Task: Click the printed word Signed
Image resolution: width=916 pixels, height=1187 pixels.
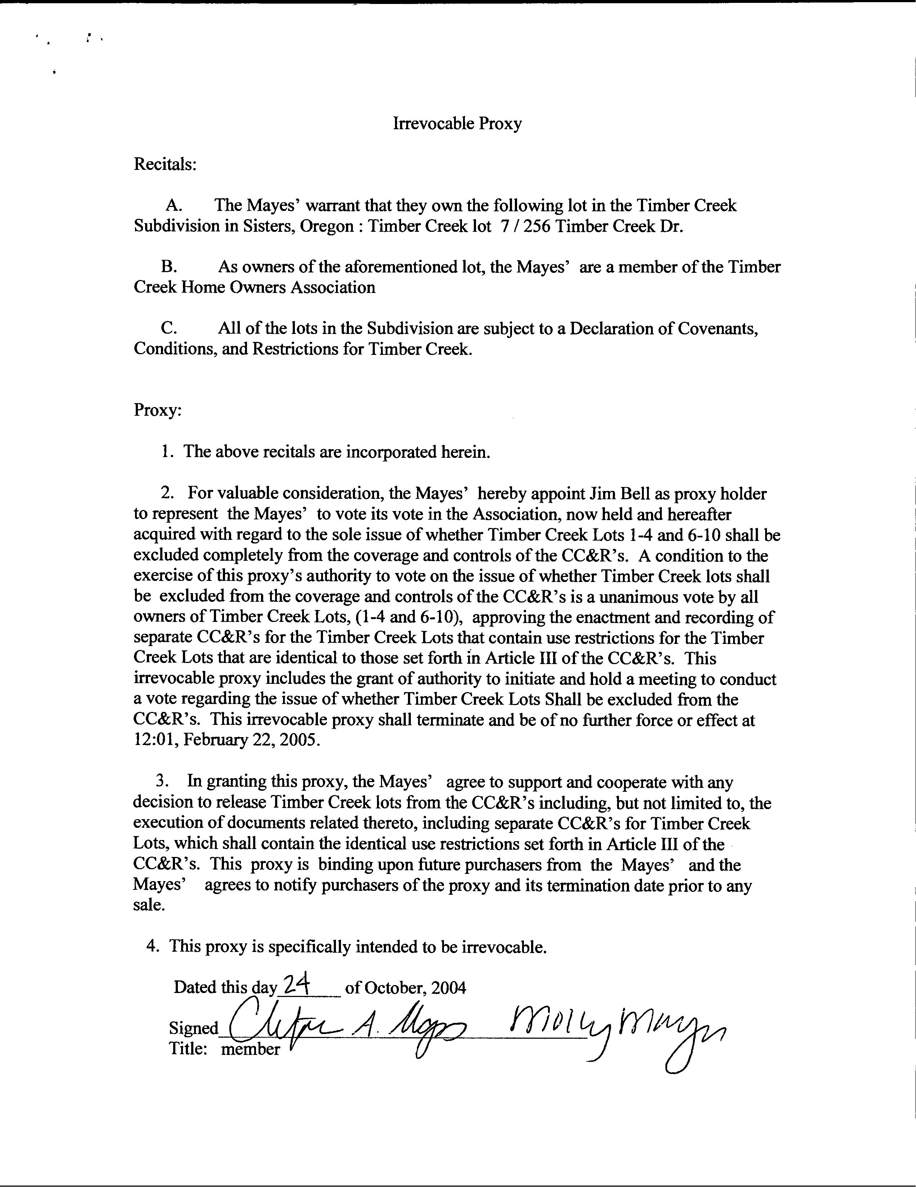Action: [x=193, y=1028]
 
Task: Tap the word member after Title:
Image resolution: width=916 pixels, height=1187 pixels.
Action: [x=250, y=1049]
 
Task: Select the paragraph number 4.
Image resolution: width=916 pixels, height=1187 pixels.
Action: [x=153, y=947]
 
